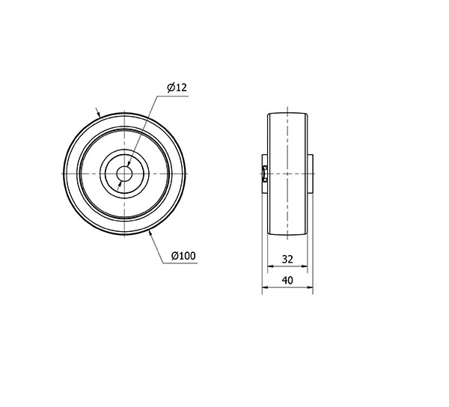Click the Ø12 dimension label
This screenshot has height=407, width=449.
tap(177, 88)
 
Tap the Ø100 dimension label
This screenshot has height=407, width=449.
tap(183, 256)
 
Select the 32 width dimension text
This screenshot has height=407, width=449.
tap(287, 259)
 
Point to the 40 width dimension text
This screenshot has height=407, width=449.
tap(287, 281)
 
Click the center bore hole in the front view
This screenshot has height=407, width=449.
tap(124, 174)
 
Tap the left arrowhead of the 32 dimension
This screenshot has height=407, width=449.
tap(271, 266)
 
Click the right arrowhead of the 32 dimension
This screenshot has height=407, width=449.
tap(304, 266)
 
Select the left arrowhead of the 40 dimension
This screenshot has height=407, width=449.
tap(266, 287)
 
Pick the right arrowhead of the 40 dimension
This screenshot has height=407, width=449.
tap(310, 287)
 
